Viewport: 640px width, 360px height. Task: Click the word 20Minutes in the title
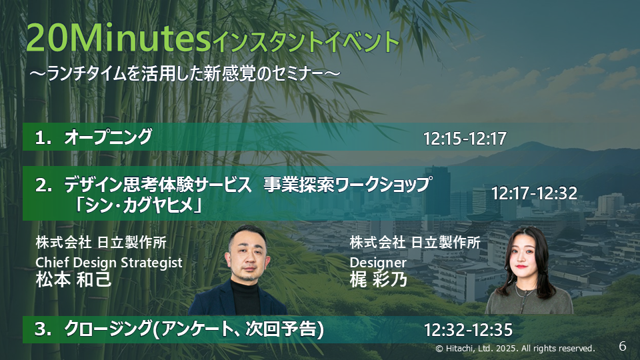click(x=118, y=38)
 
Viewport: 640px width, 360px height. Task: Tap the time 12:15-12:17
click(x=465, y=139)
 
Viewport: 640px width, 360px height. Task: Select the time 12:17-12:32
click(x=534, y=193)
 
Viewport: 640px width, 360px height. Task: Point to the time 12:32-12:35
click(x=468, y=330)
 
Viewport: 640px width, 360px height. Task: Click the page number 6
click(x=623, y=346)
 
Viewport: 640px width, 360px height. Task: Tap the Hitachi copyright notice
click(x=515, y=349)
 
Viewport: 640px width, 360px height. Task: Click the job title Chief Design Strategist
click(x=109, y=263)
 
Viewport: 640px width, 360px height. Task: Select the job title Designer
click(x=378, y=263)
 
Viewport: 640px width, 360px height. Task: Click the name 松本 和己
click(x=73, y=280)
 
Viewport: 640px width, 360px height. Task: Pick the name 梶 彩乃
click(x=379, y=280)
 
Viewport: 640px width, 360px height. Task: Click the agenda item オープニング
click(x=108, y=137)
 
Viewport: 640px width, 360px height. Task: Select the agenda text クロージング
click(x=108, y=329)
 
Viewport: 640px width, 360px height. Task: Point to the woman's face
click(x=523, y=257)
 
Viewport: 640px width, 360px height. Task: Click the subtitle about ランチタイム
click(x=185, y=74)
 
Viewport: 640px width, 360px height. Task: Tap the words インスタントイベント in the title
click(x=306, y=43)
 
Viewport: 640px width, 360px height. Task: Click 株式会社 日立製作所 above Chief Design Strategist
click(x=101, y=243)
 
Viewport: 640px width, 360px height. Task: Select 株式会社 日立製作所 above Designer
click(x=415, y=243)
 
